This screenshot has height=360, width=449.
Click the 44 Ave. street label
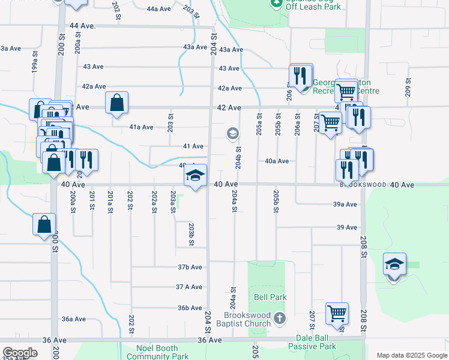[83, 26]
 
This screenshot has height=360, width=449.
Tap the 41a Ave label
[141, 127]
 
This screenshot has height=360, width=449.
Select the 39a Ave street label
[345, 205]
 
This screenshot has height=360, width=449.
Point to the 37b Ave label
[189, 267]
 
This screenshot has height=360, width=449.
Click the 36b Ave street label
[189, 308]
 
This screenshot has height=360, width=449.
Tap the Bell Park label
[270, 297]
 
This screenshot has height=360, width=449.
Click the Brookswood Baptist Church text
[247, 320]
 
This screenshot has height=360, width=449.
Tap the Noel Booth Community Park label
[146, 352]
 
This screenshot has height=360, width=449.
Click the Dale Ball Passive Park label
[312, 342]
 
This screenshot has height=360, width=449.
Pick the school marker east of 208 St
[394, 265]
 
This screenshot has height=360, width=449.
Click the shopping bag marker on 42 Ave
[116, 103]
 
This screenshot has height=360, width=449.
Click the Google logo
[20, 353]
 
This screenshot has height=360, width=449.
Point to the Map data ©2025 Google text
[411, 355]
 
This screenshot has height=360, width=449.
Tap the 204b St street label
[238, 158]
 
